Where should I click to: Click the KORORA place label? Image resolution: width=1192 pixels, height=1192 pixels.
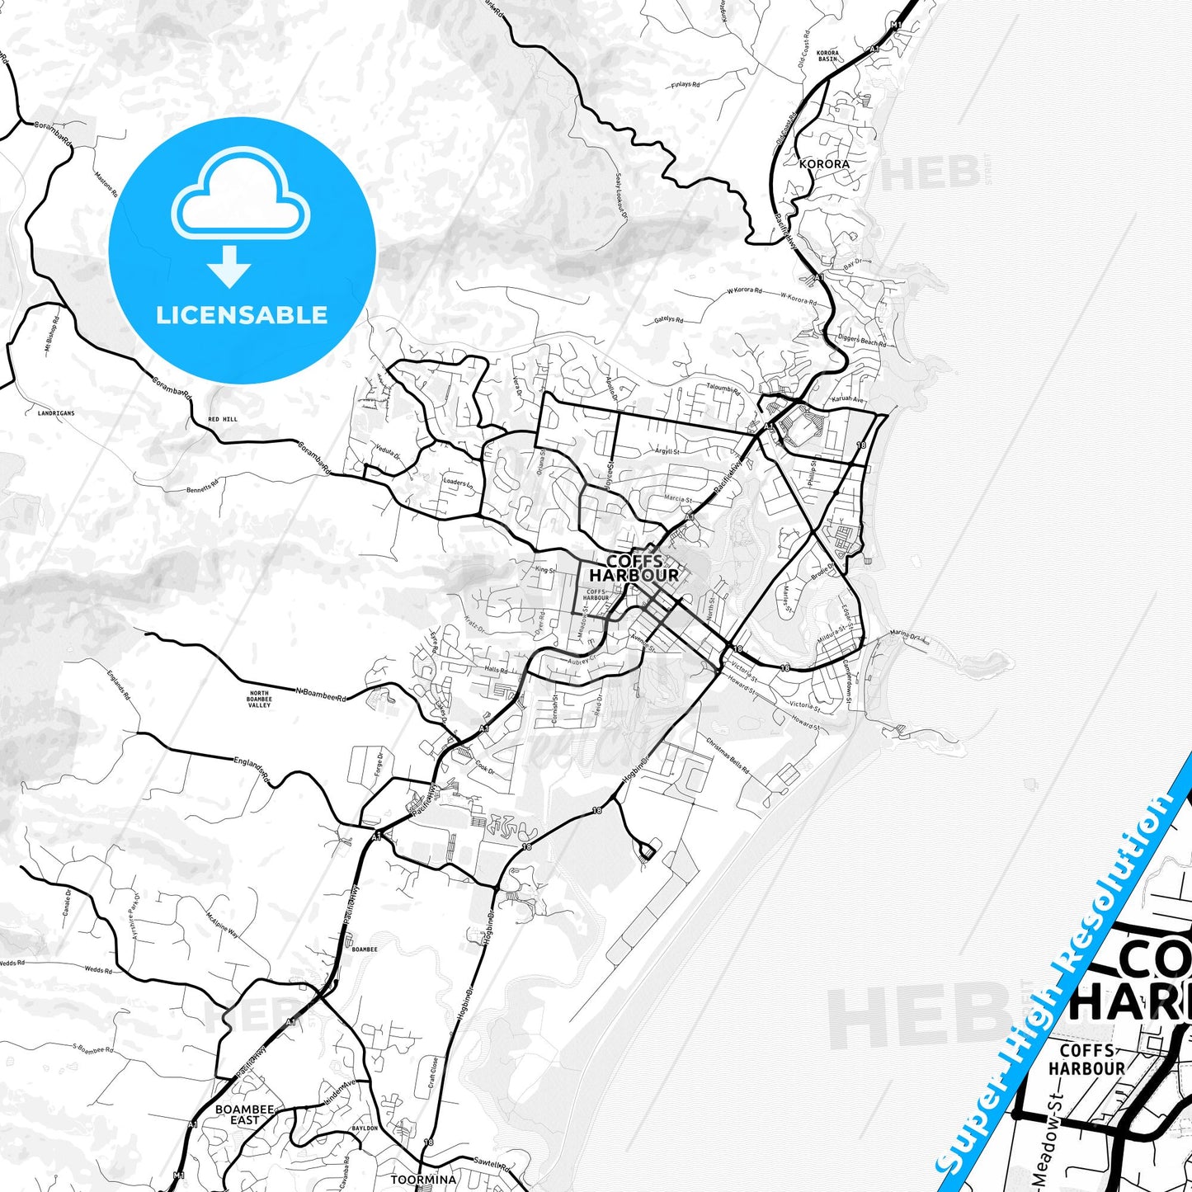[824, 164]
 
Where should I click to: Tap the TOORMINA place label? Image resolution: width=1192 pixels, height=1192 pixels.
[423, 1180]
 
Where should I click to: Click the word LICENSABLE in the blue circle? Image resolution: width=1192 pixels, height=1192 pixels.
[242, 314]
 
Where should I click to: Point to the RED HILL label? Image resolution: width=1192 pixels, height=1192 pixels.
[223, 419]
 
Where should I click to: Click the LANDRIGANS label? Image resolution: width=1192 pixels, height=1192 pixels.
[56, 412]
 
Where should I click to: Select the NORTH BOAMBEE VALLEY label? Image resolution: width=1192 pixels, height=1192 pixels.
[259, 699]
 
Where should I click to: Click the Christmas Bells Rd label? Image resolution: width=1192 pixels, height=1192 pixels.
[728, 754]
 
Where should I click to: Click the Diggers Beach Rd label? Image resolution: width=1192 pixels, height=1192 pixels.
[862, 340]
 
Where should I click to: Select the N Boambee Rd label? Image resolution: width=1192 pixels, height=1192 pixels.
[321, 693]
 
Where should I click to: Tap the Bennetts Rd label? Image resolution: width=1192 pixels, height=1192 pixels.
[202, 486]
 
